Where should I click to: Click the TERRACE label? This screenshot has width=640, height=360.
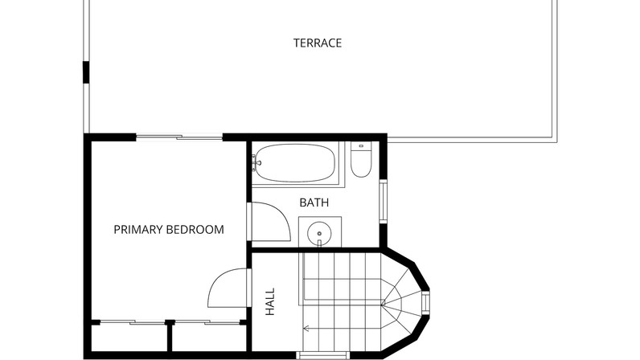pyautogui.click(x=318, y=43)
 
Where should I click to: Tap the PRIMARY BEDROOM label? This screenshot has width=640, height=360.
pyautogui.click(x=169, y=230)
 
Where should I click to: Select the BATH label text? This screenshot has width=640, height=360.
pyautogui.click(x=314, y=202)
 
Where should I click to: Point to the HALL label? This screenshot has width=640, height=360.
pyautogui.click(x=270, y=301)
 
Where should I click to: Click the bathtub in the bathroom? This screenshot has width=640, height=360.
pyautogui.click(x=295, y=163)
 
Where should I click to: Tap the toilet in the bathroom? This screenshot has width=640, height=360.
pyautogui.click(x=361, y=159)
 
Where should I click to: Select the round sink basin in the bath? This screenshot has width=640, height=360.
pyautogui.click(x=319, y=233)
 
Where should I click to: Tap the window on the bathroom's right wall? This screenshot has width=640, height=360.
pyautogui.click(x=383, y=202)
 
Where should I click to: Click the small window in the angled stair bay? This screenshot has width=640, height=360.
pyautogui.click(x=425, y=303)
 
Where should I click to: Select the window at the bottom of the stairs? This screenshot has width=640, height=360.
pyautogui.click(x=323, y=355)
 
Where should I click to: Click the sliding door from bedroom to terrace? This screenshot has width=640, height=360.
pyautogui.click(x=179, y=137)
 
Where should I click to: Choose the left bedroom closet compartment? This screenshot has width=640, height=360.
pyautogui.click(x=129, y=338)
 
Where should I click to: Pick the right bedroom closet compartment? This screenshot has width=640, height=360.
pyautogui.click(x=209, y=338)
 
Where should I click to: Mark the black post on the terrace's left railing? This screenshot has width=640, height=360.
pyautogui.click(x=86, y=72)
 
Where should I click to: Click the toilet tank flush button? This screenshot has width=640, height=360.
pyautogui.click(x=361, y=145)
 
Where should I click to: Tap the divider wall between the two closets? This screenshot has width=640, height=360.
pyautogui.click(x=170, y=336)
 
